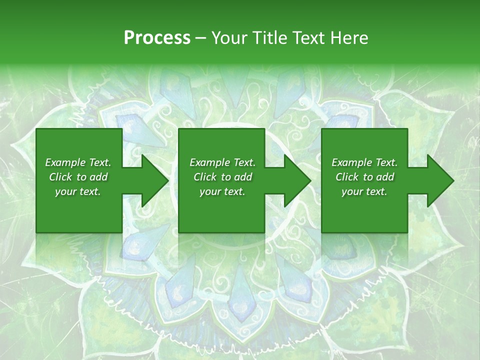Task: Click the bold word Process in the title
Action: point(157,38)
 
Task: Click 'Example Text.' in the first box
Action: point(78,162)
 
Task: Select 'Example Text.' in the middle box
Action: point(222,162)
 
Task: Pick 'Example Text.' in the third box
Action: point(364,162)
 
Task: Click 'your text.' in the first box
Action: point(78,191)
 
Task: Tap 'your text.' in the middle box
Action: point(222,191)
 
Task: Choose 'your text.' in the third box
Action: point(364,191)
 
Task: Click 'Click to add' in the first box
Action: point(78,177)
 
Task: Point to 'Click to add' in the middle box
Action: point(222,177)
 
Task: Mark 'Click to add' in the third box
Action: point(364,177)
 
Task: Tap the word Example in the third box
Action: point(351,162)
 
